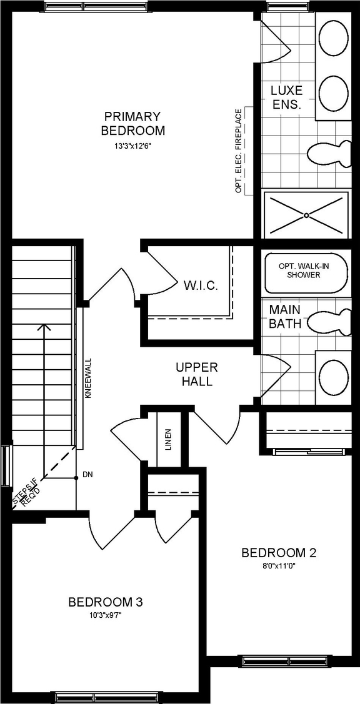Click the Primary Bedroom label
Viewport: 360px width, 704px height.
click(x=132, y=123)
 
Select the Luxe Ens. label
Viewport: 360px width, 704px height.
click(x=286, y=97)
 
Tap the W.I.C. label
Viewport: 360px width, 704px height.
click(x=201, y=286)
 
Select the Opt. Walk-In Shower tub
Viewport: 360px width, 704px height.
click(x=304, y=272)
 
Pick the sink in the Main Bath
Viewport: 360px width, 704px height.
click(x=334, y=374)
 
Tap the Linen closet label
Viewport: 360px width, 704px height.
click(x=168, y=439)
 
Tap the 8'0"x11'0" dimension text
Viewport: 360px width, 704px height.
click(x=279, y=567)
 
